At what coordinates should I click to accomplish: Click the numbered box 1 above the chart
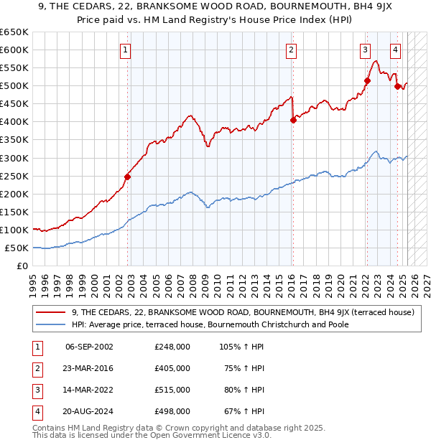coord(126,50)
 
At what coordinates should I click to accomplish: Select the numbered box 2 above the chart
coord(291,50)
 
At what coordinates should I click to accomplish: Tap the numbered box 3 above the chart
coord(365,50)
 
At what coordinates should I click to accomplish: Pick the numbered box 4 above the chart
coord(396,50)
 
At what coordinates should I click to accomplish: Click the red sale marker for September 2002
coord(128,177)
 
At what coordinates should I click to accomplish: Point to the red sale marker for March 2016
coord(293,120)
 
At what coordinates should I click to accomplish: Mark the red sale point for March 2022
coord(366,80)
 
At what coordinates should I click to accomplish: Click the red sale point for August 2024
coord(397,87)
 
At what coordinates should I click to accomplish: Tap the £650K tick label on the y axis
coord(14,32)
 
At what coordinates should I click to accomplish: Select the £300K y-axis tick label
coord(14,158)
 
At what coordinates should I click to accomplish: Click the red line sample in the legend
coord(51,312)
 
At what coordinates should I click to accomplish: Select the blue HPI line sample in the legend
coord(51,324)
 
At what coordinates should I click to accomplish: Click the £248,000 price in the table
coord(172,347)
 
